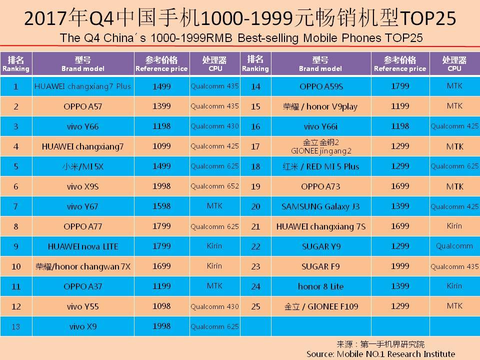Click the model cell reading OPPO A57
tap(82, 106)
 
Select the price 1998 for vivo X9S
tap(161, 186)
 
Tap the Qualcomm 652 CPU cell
tap(214, 186)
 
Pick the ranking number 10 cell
tap(16, 266)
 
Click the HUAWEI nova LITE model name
tap(82, 246)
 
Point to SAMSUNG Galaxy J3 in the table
tap(320, 206)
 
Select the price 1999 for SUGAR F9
tap(399, 266)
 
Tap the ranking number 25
tap(255, 306)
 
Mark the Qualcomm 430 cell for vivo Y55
tap(214, 306)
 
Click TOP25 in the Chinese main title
tap(427, 18)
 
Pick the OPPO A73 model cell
tap(320, 186)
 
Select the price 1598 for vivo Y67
tap(161, 206)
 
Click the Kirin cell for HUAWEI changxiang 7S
tap(454, 226)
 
